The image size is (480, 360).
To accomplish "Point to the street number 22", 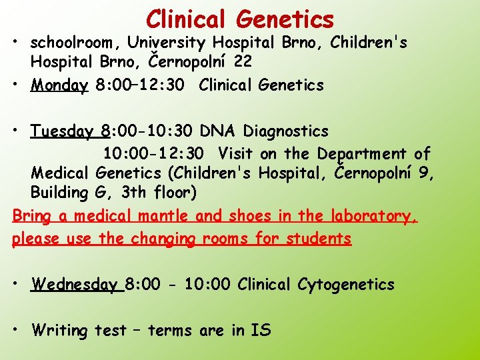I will [x=242, y=61].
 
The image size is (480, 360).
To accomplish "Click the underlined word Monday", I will [x=59, y=85].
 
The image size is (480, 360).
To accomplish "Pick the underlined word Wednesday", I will [x=73, y=285].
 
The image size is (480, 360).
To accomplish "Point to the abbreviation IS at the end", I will [x=261, y=331].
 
